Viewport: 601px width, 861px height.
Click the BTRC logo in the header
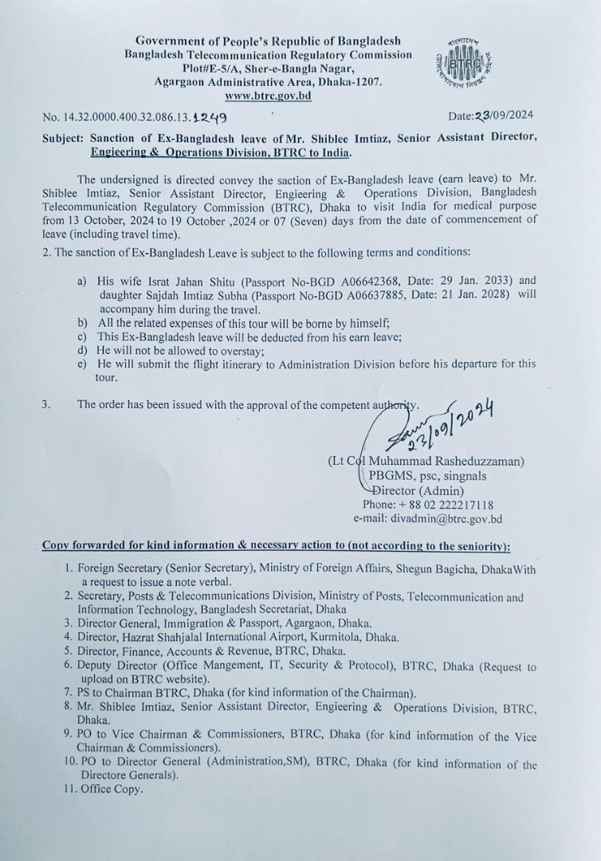coord(467,65)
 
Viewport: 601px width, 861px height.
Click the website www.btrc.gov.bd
coord(268,96)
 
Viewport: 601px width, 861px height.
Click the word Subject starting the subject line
coord(64,137)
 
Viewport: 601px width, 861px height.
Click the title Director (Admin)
coord(419,490)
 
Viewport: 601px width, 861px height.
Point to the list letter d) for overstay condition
coord(82,350)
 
